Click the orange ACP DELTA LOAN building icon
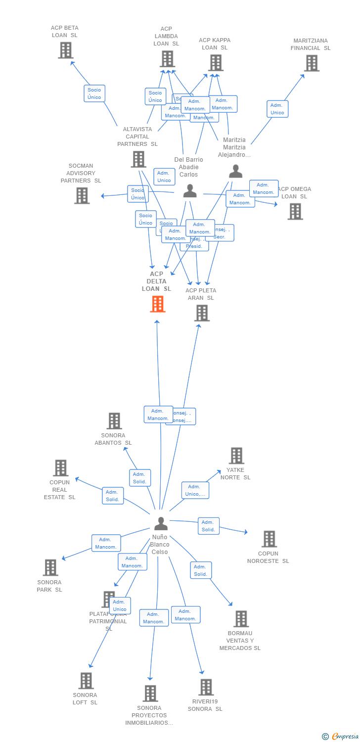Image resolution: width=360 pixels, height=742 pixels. tap(157, 304)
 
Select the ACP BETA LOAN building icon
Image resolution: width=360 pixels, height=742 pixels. tap(65, 50)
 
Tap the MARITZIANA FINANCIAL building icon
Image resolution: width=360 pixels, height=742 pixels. tap(311, 63)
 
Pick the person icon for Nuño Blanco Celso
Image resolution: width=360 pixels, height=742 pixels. tap(161, 523)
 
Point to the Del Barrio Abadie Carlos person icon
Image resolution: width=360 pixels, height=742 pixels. tap(190, 191)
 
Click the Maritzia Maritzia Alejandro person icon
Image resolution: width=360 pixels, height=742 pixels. tap(236, 171)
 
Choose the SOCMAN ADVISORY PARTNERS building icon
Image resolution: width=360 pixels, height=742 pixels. tap(82, 196)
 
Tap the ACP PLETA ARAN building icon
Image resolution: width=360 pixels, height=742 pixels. tap(202, 313)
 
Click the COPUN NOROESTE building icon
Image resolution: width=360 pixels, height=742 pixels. tap(269, 539)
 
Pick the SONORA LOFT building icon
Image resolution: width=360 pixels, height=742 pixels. tap(86, 681)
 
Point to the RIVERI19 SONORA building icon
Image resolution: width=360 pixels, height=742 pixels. tap(206, 688)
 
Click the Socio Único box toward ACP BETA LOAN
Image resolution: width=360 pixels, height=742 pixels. tap(94, 93)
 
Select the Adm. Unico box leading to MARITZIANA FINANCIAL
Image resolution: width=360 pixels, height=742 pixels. tap(277, 109)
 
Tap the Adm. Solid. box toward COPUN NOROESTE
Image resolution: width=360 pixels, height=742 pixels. tap(209, 526)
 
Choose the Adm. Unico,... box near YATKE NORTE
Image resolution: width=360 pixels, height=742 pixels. tap(195, 490)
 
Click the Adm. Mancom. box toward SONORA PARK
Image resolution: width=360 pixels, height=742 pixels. tap(106, 543)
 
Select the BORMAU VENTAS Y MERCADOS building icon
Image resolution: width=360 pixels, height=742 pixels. tap(241, 619)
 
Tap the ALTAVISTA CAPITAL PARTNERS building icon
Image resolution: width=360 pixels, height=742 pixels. tap(138, 159)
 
